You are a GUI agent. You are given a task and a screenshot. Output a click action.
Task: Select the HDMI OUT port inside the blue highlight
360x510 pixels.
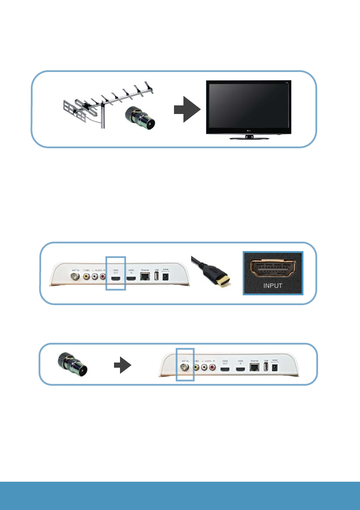[x=116, y=279]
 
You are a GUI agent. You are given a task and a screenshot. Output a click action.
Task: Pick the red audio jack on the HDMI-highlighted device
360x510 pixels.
[x=103, y=277]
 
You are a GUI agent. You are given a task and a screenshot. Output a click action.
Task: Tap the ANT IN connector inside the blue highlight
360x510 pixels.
[x=185, y=367]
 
